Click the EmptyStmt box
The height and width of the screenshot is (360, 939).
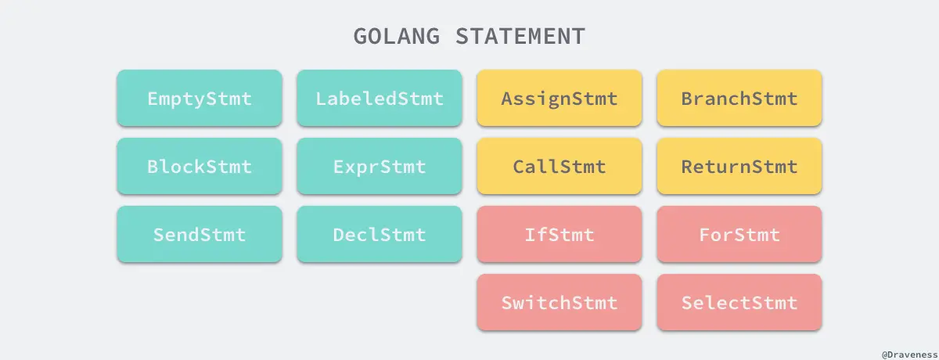[199, 99]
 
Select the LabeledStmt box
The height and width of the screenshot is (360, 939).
[379, 99]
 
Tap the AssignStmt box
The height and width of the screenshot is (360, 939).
[559, 99]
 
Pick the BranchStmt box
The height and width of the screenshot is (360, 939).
[739, 99]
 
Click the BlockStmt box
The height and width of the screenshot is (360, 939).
[199, 167]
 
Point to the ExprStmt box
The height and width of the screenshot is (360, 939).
[379, 167]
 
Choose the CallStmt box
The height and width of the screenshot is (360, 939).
[559, 167]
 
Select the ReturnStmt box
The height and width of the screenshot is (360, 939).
[739, 167]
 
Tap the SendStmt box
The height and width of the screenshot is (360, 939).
[199, 235]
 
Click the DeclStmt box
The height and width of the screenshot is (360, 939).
[379, 235]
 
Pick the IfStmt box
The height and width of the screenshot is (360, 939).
[559, 235]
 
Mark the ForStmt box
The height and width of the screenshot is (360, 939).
[739, 235]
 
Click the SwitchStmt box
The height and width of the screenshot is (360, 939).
[559, 303]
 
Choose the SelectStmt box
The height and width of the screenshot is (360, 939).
[739, 303]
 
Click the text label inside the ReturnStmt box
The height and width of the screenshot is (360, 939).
[739, 167]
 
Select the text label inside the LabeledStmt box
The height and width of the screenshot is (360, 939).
[379, 99]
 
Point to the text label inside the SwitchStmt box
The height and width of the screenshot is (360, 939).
[559, 303]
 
